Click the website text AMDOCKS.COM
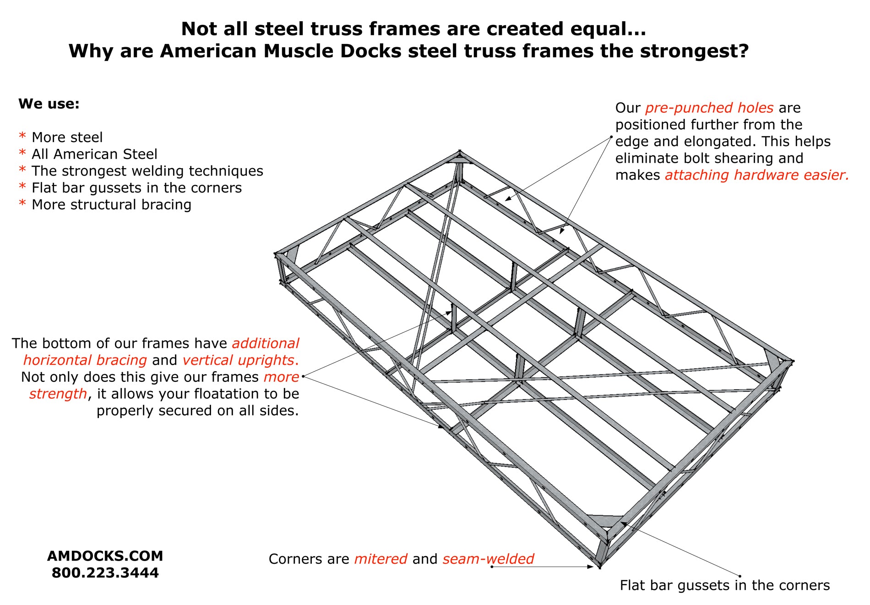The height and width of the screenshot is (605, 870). pyautogui.click(x=105, y=556)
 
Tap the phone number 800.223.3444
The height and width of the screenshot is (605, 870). pyautogui.click(x=105, y=573)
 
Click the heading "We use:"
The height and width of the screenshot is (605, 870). pyautogui.click(x=49, y=104)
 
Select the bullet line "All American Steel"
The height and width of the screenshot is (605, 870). pyautogui.click(x=94, y=154)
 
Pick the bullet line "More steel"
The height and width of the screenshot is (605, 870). pyautogui.click(x=67, y=137)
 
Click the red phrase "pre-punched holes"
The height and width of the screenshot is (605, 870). pyautogui.click(x=709, y=108)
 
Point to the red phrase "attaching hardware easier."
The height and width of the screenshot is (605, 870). pyautogui.click(x=757, y=175)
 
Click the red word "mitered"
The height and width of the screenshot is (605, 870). pyautogui.click(x=381, y=559)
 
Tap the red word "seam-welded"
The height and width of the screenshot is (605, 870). pyautogui.click(x=488, y=559)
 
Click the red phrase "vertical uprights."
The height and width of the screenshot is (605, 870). pyautogui.click(x=241, y=360)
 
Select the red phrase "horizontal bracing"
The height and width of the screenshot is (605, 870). pyautogui.click(x=85, y=360)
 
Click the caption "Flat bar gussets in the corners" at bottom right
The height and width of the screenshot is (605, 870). pyautogui.click(x=724, y=585)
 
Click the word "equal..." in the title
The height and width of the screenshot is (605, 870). pyautogui.click(x=608, y=29)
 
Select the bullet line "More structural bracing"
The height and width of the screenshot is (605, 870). pyautogui.click(x=111, y=204)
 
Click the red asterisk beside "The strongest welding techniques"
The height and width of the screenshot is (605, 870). pyautogui.click(x=22, y=170)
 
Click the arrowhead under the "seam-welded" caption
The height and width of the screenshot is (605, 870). pyautogui.click(x=590, y=567)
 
